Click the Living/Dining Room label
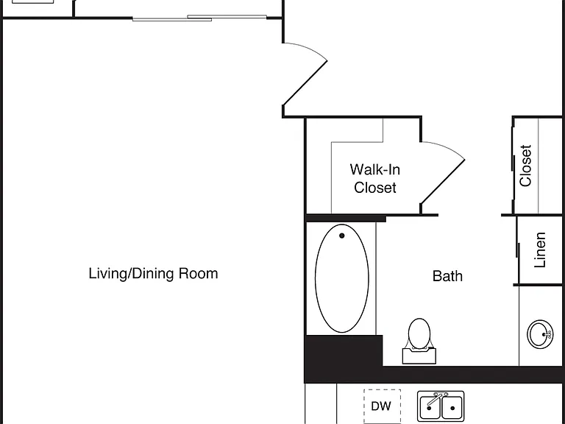coord(153,274)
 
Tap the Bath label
coord(447,276)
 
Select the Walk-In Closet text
coord(374,178)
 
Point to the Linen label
coord(540,250)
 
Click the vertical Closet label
coord(525,166)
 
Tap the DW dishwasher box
coord(382,406)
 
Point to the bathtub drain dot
coord(341,236)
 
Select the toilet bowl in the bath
coord(419,333)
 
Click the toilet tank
coord(419,356)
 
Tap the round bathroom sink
coord(540,334)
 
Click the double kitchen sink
coord(441,406)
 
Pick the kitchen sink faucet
coord(437,398)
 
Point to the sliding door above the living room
coord(199,18)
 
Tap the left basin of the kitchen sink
coord(429,407)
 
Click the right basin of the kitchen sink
coord(452,407)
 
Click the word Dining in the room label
coord(154,274)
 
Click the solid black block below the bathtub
coord(343,358)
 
